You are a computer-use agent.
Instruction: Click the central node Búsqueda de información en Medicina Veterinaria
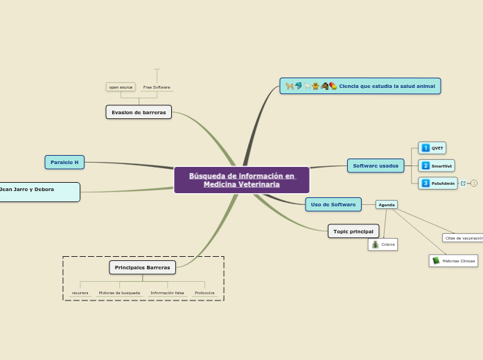(x=242, y=180)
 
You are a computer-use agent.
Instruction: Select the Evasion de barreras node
(x=139, y=112)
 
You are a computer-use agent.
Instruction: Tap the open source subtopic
(x=121, y=87)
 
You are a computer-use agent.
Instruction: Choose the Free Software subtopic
(x=157, y=87)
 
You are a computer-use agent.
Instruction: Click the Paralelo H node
(x=64, y=162)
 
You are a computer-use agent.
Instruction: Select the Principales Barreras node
(x=142, y=267)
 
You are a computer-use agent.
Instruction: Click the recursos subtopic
(x=80, y=293)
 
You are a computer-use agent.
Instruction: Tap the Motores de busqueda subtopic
(x=119, y=293)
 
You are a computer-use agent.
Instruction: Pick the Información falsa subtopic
(x=167, y=293)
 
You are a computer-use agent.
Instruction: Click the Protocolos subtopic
(x=204, y=293)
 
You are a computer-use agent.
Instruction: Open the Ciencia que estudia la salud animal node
(x=360, y=86)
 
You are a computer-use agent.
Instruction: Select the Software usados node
(x=376, y=165)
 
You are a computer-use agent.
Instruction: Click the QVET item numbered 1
(x=432, y=148)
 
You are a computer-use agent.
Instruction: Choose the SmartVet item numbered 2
(x=437, y=166)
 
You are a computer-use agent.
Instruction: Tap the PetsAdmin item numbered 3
(x=439, y=183)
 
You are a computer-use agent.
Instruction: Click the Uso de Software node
(x=333, y=204)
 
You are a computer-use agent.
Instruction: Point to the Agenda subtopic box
(x=387, y=205)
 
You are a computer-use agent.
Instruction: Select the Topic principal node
(x=353, y=231)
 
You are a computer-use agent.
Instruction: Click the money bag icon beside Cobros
(x=375, y=244)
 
